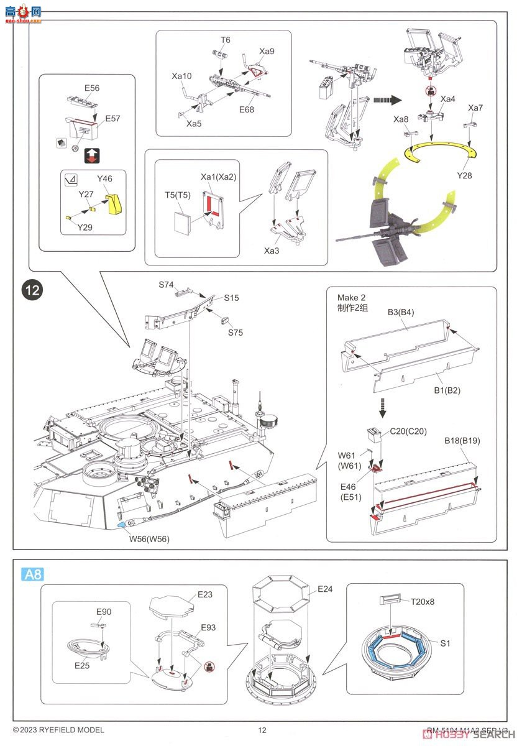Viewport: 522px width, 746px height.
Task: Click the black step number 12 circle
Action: tap(32, 290)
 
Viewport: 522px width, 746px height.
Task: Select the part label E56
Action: tap(91, 88)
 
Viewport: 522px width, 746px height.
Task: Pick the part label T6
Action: tap(225, 40)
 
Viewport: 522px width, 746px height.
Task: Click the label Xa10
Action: tap(182, 76)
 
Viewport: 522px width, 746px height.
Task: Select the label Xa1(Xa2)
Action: tap(218, 177)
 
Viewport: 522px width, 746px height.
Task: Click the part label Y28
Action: tap(464, 176)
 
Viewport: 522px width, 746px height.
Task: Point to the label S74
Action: tap(166, 285)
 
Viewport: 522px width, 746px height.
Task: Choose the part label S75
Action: tap(235, 333)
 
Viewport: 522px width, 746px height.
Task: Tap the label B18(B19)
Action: tap(462, 441)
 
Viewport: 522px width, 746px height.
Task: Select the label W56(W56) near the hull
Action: tap(149, 539)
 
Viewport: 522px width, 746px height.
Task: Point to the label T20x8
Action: tap(423, 601)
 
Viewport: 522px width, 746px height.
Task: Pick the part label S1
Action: tap(445, 643)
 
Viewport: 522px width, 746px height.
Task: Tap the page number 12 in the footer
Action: tap(262, 730)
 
